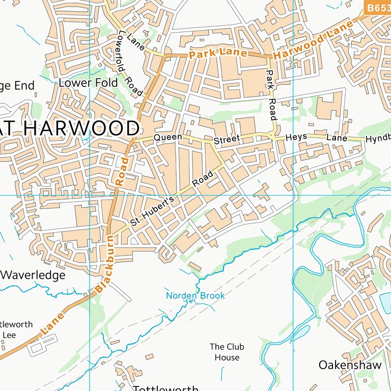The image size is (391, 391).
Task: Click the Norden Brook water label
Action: [x=195, y=296]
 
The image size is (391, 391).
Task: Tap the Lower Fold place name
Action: [x=88, y=82]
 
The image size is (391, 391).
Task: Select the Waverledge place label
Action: [x=33, y=275]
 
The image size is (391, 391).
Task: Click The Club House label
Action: [x=227, y=352]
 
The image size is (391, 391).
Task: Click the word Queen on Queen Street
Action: [x=167, y=137]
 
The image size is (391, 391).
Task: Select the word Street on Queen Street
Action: [x=226, y=139]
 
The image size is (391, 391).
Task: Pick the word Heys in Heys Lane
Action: [x=297, y=138]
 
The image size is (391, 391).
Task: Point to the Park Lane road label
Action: [x=218, y=53]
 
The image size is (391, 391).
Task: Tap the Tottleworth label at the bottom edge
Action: [x=165, y=388]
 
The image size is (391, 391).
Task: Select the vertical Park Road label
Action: [x=271, y=95]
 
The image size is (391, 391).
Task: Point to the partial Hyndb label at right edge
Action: [x=378, y=138]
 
